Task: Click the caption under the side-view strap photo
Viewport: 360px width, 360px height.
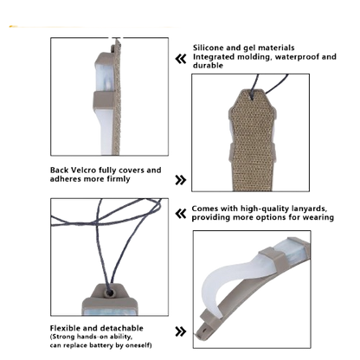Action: (x=96, y=173)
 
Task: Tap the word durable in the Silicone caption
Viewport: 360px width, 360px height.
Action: (x=205, y=62)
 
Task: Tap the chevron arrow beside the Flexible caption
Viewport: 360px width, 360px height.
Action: (x=180, y=331)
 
